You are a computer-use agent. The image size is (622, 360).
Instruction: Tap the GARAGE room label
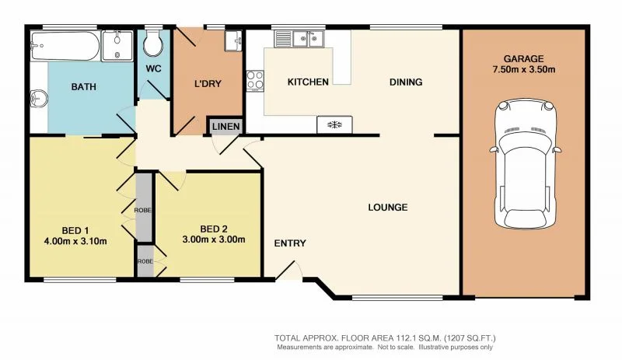[x=522, y=58]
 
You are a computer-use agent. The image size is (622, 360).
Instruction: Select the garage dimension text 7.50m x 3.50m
[x=522, y=71]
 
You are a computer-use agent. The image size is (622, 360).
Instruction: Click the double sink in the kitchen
[x=304, y=38]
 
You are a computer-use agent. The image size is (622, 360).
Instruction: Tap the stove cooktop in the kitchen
[x=334, y=124]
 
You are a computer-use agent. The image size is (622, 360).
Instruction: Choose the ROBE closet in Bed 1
[x=143, y=208]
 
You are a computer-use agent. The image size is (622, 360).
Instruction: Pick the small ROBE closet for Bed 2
[x=144, y=260]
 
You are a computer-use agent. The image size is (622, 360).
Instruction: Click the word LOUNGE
[x=388, y=208]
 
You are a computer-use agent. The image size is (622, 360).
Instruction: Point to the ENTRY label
[x=289, y=243]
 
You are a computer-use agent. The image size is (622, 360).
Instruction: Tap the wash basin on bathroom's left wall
[x=37, y=99]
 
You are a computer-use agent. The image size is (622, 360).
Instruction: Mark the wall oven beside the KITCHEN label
[x=254, y=79]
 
